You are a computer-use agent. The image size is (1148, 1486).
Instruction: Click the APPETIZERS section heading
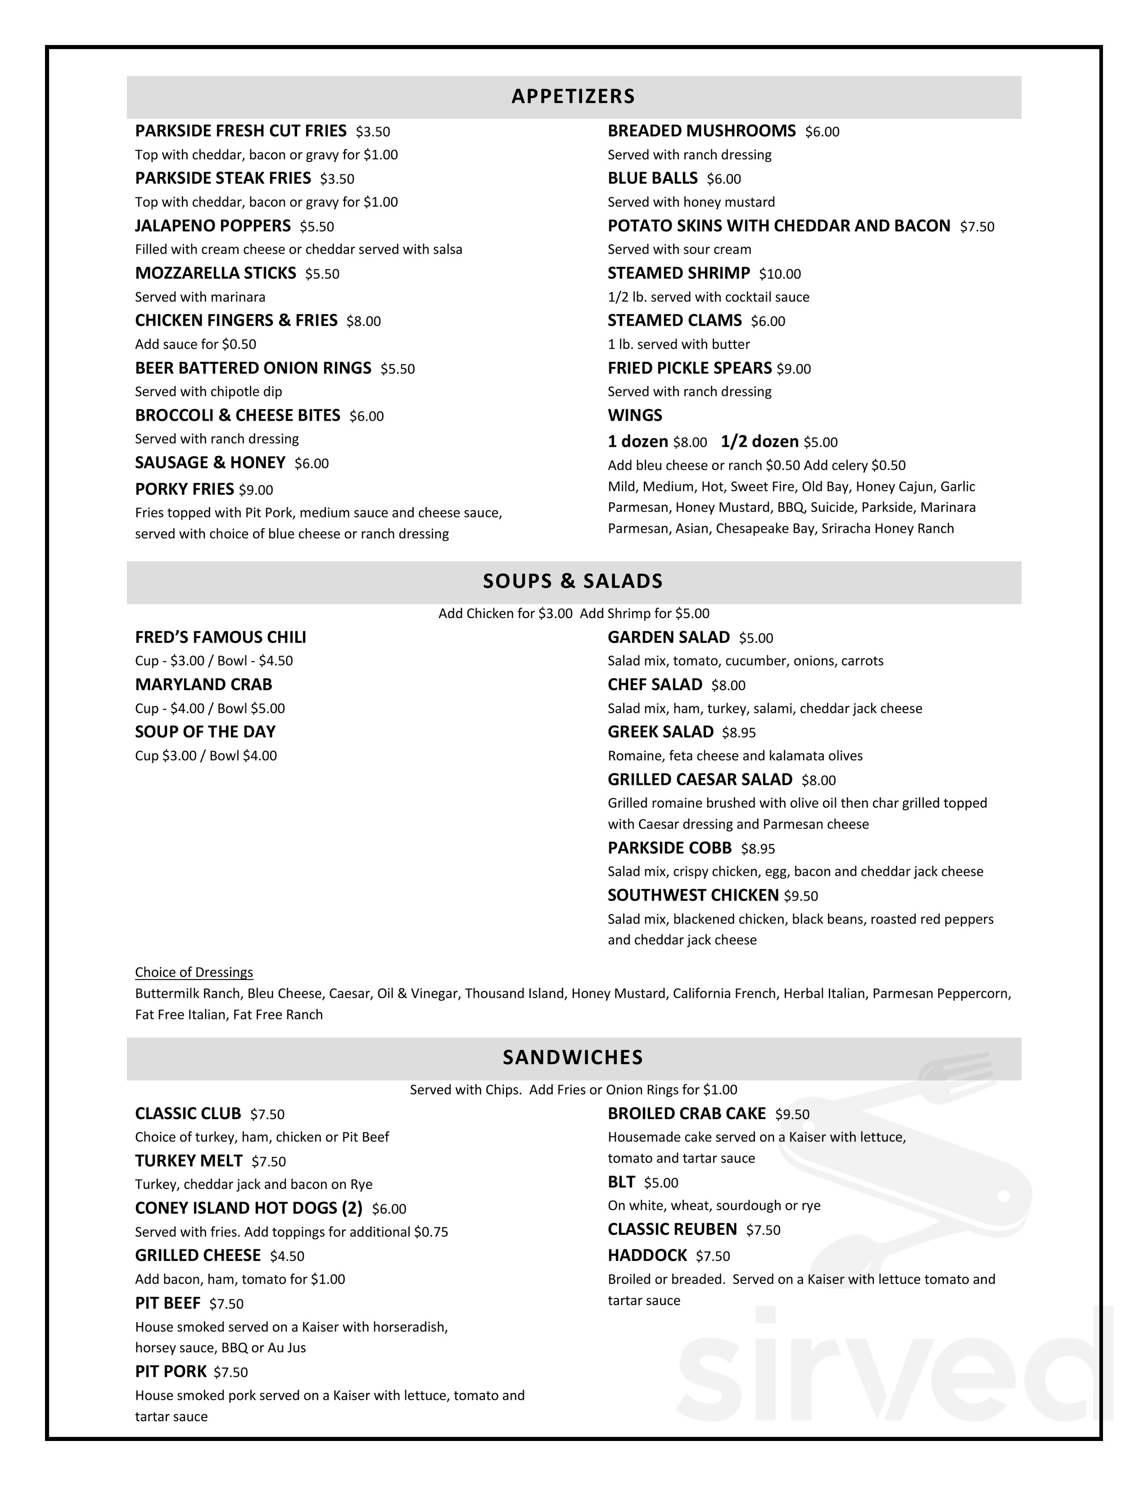(x=573, y=96)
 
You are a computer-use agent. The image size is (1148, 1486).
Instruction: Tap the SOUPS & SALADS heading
(x=573, y=581)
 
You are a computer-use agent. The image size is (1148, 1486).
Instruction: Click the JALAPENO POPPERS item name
(x=212, y=226)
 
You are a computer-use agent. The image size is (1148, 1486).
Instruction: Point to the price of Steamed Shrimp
(x=780, y=274)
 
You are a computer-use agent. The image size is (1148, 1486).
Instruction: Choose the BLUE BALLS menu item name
(x=653, y=178)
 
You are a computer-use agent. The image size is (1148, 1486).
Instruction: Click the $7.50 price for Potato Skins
(x=977, y=226)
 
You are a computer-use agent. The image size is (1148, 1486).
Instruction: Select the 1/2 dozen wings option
(x=760, y=442)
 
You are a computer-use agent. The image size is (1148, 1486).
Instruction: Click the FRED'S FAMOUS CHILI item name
(x=220, y=637)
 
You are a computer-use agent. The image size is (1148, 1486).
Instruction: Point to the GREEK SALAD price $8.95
(x=738, y=733)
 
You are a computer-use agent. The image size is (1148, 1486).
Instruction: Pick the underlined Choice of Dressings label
(x=194, y=972)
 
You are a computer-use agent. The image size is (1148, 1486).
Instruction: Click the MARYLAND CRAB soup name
(x=203, y=685)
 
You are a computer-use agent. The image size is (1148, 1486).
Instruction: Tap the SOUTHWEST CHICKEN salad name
(x=693, y=895)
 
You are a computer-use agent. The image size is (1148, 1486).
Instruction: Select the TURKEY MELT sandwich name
(x=188, y=1161)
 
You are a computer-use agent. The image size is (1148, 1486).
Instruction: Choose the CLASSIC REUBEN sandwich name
(x=672, y=1229)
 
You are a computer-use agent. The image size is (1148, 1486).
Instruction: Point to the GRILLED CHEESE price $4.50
(x=287, y=1256)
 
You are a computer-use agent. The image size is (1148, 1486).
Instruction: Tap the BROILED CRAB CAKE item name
(x=687, y=1114)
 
